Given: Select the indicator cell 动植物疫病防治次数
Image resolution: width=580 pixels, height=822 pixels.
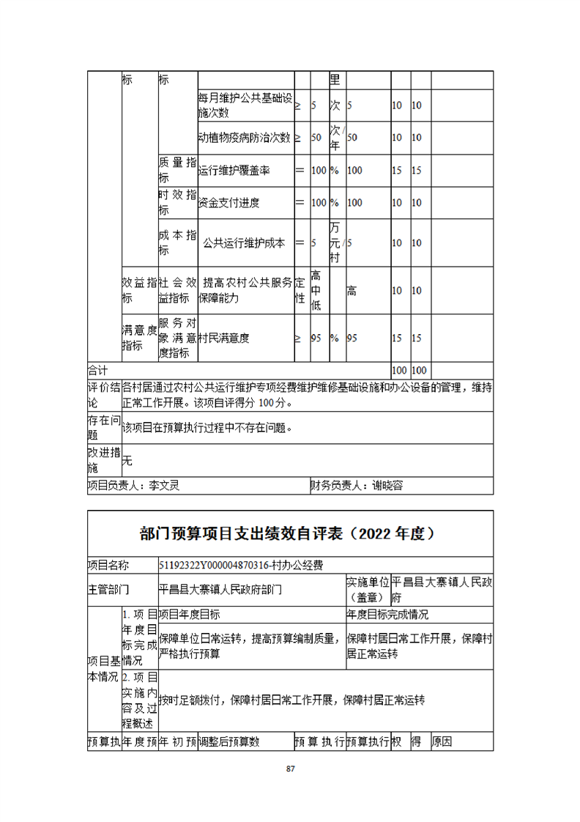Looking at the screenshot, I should click(x=245, y=137).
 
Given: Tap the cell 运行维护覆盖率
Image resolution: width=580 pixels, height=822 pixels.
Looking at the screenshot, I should click(x=234, y=170).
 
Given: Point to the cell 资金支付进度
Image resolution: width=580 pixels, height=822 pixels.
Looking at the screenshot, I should click(x=228, y=203).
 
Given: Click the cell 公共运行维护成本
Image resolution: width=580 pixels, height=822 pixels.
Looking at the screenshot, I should click(x=244, y=242).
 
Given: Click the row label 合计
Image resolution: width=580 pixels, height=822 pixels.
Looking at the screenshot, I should click(x=97, y=370).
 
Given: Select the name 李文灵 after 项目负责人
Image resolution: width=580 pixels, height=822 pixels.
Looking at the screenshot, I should click(x=164, y=485).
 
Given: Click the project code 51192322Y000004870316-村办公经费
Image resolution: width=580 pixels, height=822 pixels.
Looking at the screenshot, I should click(x=241, y=565).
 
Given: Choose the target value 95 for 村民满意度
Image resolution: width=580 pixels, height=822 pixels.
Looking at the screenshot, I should click(x=318, y=338).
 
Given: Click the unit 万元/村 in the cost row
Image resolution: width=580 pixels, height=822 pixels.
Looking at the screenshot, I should click(x=335, y=242).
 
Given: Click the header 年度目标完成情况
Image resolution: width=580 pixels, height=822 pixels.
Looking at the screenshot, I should click(x=388, y=614).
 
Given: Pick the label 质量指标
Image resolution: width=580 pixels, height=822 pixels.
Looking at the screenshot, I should click(x=177, y=170).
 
